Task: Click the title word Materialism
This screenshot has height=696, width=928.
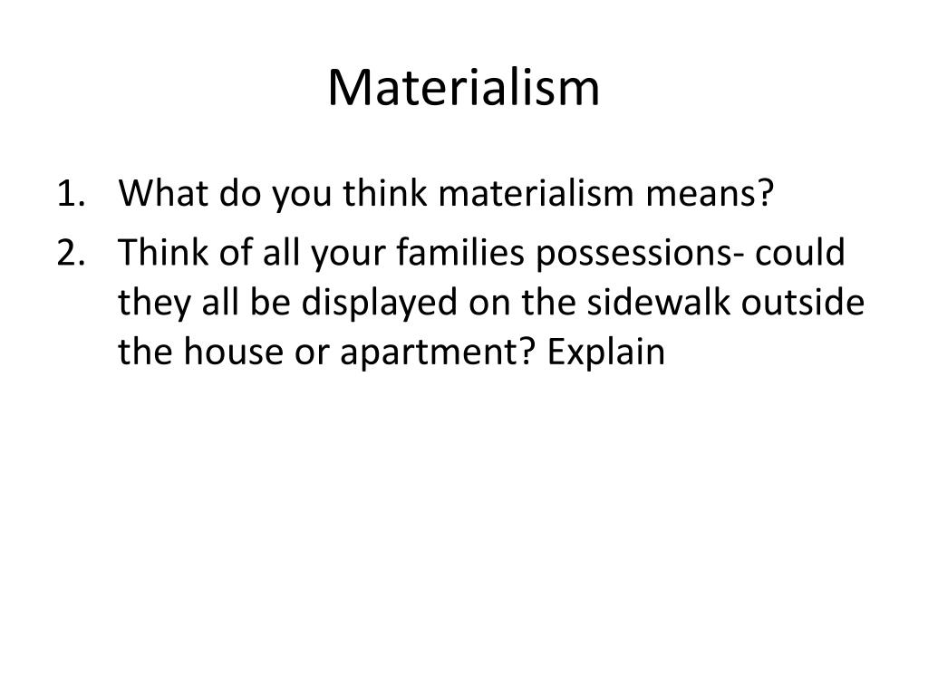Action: (463, 88)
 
